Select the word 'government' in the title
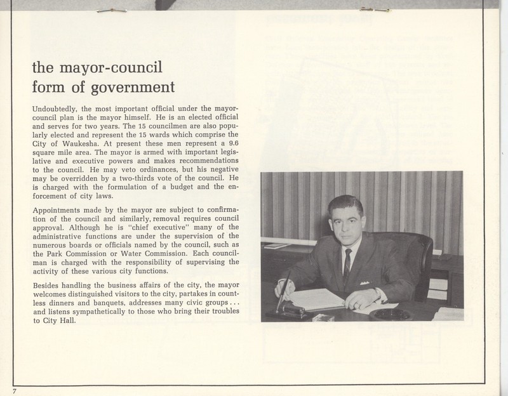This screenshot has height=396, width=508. [x=127, y=86]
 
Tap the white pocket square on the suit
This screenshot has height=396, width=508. [x=364, y=282]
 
